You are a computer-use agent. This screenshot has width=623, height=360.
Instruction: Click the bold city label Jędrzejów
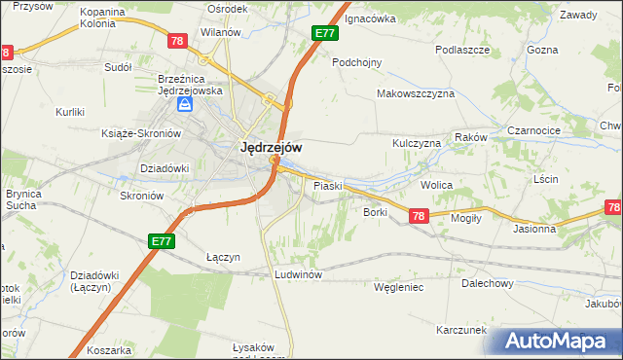coord(270,147)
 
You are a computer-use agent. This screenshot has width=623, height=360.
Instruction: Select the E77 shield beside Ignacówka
coord(325,33)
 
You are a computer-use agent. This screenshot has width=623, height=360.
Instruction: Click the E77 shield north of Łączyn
coord(162,239)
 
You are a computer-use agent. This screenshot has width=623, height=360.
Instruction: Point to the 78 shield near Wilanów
coord(176,41)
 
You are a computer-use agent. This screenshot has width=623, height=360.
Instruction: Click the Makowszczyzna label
coord(416,94)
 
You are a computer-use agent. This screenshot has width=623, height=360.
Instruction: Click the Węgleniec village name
coord(398,287)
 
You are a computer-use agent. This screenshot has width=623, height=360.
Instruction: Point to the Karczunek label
coord(461,330)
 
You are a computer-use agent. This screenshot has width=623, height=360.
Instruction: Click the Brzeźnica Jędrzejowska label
coord(191,85)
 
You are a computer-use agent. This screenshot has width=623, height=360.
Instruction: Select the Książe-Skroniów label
coord(142,133)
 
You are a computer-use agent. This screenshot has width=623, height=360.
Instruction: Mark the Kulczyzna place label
coord(417,143)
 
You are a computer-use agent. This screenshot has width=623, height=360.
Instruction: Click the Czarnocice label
coord(534,129)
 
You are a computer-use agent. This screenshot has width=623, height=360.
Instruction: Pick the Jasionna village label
coord(534,230)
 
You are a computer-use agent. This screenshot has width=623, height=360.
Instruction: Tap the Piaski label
coord(326,185)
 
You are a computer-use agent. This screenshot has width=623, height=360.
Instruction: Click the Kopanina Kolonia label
coord(102,18)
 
